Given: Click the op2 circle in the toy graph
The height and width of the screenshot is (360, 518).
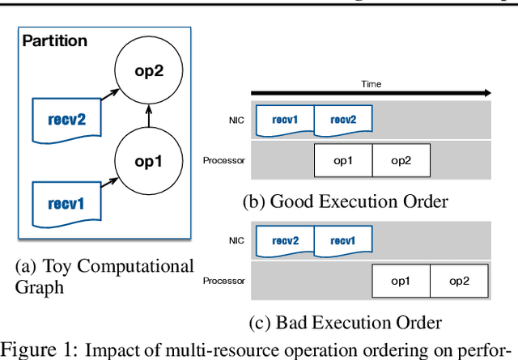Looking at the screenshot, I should pos(147,71).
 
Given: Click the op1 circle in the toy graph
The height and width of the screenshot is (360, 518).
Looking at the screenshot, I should pos(147,160).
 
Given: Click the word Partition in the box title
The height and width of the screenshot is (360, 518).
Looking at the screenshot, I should pos(54,40).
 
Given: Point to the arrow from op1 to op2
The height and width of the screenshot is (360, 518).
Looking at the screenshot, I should pos(147,116).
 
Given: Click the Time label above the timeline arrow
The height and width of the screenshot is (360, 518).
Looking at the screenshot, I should pos(371,83).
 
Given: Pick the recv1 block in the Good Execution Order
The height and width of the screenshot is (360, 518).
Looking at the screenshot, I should pos(284,121).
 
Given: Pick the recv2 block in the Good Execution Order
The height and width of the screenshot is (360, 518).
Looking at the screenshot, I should pos(343,121).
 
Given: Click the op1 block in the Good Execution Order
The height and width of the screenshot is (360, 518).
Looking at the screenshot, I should pos(343,161).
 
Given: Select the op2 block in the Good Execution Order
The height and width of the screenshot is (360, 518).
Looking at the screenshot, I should pos(401,161).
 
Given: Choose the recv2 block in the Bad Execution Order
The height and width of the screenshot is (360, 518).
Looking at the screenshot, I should pos(284,241).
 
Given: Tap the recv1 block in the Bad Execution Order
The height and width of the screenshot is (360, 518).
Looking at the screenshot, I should pos(343,241).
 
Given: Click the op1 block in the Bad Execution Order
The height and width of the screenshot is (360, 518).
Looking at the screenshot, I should pos(401,282).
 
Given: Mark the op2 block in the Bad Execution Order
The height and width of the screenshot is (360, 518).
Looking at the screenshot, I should pos(459,282).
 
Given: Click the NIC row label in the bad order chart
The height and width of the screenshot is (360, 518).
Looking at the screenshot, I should pos(236,241).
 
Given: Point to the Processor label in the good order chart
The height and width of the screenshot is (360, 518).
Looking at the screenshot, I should pos(223,161).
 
